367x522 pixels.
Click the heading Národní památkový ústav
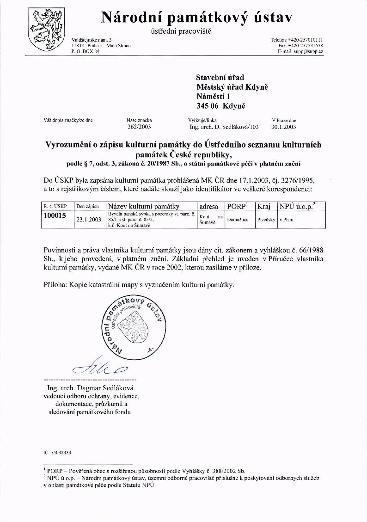pos(196,17)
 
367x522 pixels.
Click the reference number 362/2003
pos(139,126)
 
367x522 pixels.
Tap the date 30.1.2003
pos(284,126)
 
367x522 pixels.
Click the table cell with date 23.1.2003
pos(88,220)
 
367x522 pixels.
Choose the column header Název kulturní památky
pos(143,206)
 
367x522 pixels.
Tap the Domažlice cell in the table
pos(238,220)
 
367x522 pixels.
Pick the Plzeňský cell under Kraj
pos(266,220)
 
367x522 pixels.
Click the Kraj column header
pos(264,206)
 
